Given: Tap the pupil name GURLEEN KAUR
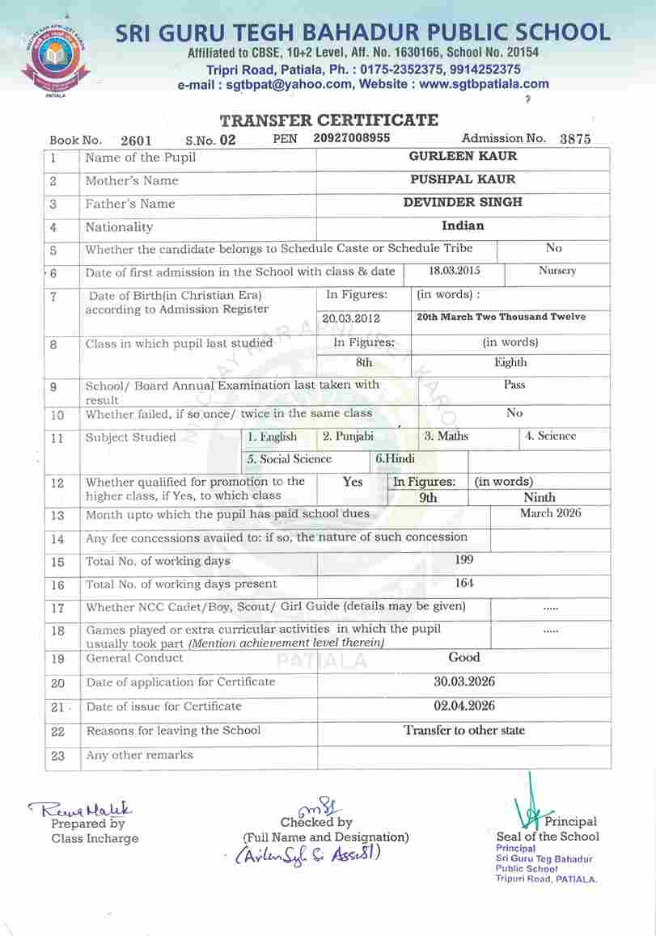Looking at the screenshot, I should [x=463, y=156].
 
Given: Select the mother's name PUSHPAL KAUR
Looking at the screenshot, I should [x=463, y=179].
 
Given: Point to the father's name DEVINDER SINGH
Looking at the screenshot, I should [x=463, y=202].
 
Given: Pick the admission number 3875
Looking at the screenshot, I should [x=575, y=139].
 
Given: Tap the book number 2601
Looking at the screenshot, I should [x=136, y=141].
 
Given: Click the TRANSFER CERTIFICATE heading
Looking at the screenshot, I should [x=328, y=120].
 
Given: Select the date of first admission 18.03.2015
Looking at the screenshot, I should [x=454, y=272].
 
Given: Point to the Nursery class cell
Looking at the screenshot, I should [x=557, y=272].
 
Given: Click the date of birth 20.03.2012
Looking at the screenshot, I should [x=351, y=318].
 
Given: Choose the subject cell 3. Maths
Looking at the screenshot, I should [x=447, y=436].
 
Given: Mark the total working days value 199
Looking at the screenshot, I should [x=464, y=559].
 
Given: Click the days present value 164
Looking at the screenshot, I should [x=464, y=583].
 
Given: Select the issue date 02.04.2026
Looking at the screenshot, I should [x=464, y=706].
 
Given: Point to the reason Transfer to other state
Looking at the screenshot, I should [x=464, y=731].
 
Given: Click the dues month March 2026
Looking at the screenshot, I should [x=550, y=513].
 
